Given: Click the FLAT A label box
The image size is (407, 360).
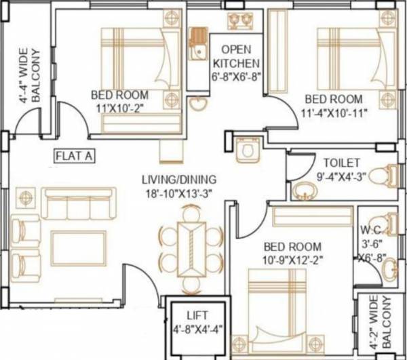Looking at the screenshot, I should point(75,155).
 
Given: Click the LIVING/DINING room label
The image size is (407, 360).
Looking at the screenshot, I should point(179,180).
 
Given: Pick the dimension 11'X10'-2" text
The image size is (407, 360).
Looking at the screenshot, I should point(121,106).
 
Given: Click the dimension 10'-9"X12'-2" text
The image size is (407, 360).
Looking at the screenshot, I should point(292,258).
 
